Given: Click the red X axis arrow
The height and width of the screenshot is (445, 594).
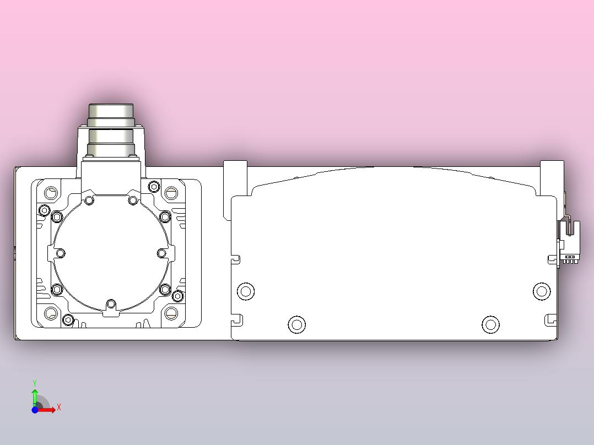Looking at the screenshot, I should click(x=47, y=409).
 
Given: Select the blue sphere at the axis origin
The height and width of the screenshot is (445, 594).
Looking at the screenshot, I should click(x=35, y=410).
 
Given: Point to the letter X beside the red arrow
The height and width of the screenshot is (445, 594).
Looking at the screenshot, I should click(x=59, y=408).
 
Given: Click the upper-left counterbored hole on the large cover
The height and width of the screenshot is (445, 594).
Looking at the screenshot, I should click(x=245, y=291).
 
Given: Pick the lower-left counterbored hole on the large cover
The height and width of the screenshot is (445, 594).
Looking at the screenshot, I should click(x=297, y=324).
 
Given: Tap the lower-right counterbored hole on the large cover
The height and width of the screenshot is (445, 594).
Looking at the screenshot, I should click(x=490, y=324).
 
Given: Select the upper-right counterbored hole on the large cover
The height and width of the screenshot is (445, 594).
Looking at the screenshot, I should click(x=542, y=291).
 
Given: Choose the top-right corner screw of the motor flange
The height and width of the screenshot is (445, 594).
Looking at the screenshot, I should click(x=171, y=193).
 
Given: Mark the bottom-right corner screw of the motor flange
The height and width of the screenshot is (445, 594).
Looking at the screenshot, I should click(x=171, y=313).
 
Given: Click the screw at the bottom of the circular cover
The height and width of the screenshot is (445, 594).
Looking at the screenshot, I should click(x=111, y=304).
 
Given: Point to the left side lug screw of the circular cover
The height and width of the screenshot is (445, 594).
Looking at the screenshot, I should click(x=61, y=253).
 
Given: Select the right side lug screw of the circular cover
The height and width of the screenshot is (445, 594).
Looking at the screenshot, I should click(x=162, y=253).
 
